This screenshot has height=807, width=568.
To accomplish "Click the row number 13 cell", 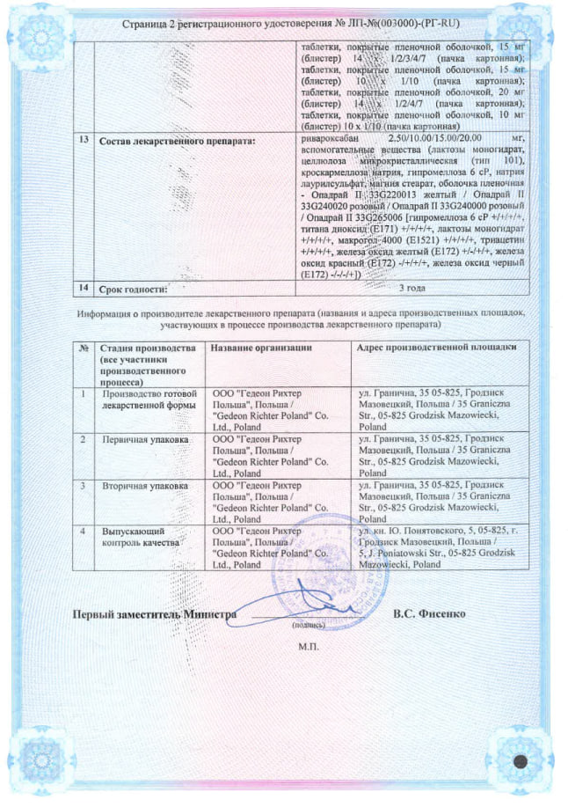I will tap(82, 141).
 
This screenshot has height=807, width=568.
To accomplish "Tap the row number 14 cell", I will tap(82, 287).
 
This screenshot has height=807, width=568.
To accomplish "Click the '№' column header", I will tap(83, 348).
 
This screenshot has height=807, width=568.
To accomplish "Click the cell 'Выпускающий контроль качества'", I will tap(141, 538).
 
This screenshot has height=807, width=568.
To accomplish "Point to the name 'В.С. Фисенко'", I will tap(430, 613).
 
